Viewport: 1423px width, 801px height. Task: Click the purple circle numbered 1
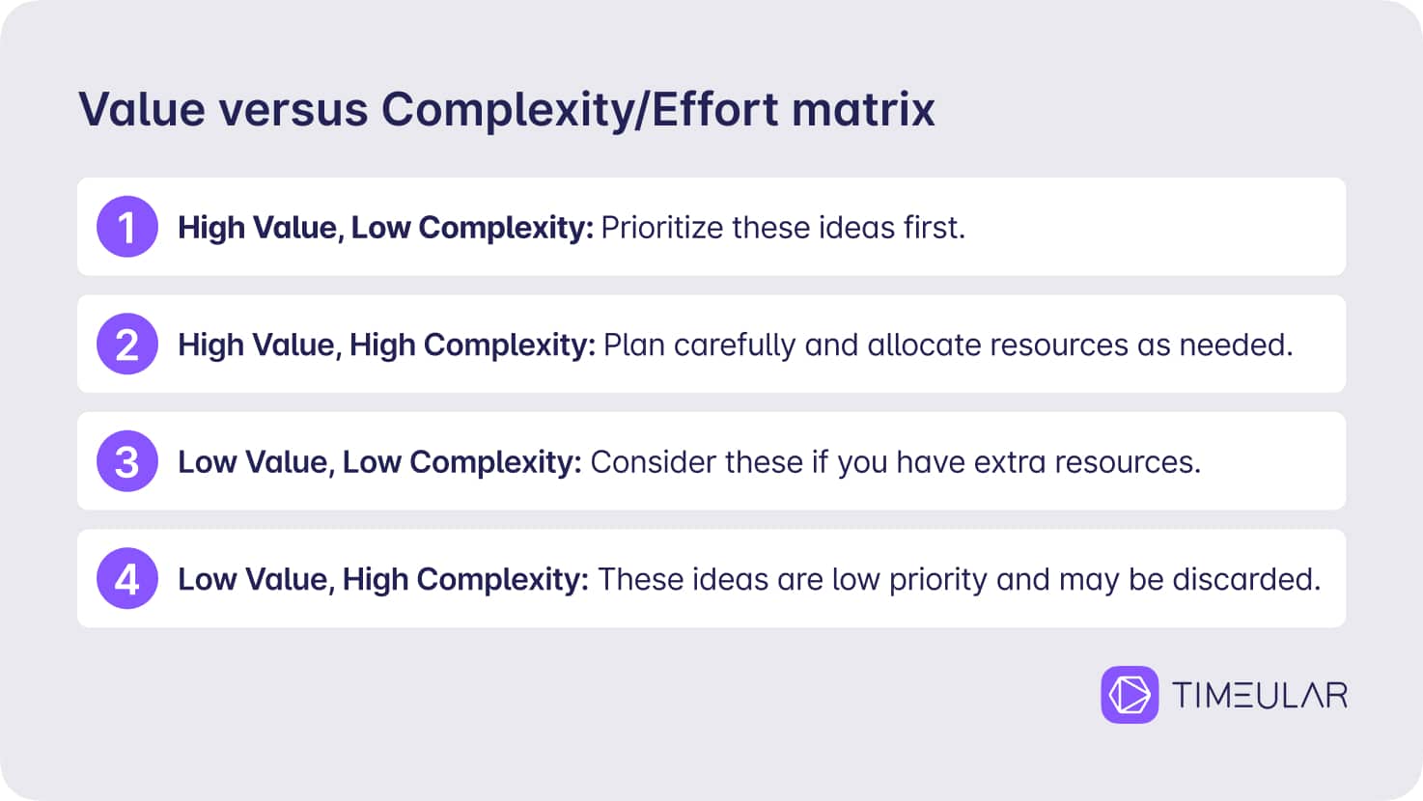[127, 226]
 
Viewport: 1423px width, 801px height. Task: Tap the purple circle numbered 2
[127, 344]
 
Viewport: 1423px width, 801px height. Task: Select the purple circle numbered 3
[127, 461]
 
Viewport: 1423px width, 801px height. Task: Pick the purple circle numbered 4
[127, 579]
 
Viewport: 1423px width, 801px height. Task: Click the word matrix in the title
[863, 109]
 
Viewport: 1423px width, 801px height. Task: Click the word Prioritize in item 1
[662, 228]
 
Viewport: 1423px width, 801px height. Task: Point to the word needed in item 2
[1236, 345]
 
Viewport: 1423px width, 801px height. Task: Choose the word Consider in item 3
[653, 462]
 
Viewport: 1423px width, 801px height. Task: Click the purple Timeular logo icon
[1130, 694]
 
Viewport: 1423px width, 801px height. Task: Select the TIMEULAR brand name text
[1260, 695]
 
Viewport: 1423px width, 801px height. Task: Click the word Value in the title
[142, 109]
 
